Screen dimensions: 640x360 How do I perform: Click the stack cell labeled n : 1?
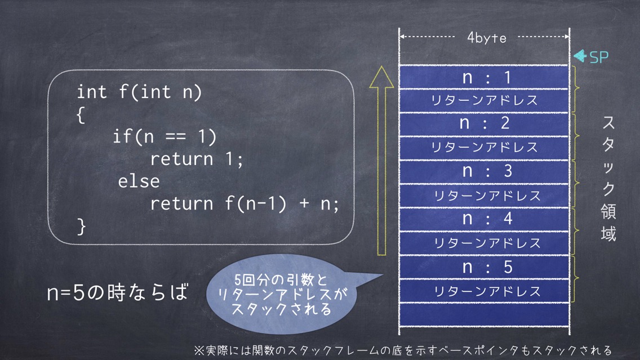[484, 77]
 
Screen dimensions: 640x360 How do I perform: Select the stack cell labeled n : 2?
[484, 124]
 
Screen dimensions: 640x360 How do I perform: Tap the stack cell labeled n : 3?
[484, 172]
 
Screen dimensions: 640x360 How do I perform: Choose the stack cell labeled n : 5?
[484, 268]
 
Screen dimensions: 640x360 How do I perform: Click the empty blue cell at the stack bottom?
[484, 314]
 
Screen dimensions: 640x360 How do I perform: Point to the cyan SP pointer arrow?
[580, 56]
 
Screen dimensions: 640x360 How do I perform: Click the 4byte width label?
[487, 38]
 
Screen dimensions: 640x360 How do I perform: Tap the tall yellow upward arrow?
[381, 161]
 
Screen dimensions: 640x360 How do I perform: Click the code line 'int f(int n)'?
[139, 92]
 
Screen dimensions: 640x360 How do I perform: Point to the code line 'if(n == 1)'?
[165, 136]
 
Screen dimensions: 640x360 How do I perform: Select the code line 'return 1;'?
[196, 159]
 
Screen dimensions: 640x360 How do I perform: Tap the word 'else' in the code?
[139, 181]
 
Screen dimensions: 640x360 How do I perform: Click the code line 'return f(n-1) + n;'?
[245, 203]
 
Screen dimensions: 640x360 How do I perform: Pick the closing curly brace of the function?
[81, 226]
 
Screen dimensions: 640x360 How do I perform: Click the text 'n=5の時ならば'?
[118, 292]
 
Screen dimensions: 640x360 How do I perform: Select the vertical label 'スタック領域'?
[608, 179]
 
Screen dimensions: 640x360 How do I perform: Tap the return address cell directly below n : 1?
[484, 100]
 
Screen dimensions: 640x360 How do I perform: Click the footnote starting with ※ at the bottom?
[403, 350]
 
